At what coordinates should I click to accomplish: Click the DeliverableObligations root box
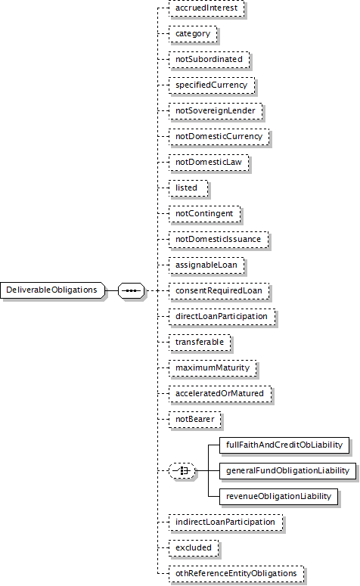click(x=53, y=290)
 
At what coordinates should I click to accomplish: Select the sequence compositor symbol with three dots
click(x=131, y=290)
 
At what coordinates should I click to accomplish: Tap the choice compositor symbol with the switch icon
click(x=182, y=470)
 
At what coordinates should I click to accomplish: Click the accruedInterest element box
click(x=206, y=8)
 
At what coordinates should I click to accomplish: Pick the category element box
click(x=193, y=33)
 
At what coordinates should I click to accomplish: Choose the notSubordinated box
click(x=209, y=60)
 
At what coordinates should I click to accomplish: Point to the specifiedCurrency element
click(x=212, y=85)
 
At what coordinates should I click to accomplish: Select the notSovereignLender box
click(x=216, y=111)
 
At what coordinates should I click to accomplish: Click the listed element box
click(x=188, y=188)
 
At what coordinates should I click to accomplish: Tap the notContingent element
click(x=204, y=214)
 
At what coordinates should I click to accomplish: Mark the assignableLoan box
click(x=206, y=265)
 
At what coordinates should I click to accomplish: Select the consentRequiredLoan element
click(x=219, y=291)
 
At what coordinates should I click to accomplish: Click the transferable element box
click(x=200, y=343)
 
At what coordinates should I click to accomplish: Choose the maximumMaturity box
click(x=213, y=368)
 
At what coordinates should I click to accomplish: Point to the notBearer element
click(x=195, y=420)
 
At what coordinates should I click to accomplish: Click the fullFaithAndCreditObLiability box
click(x=284, y=445)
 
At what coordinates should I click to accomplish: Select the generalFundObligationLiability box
click(x=288, y=471)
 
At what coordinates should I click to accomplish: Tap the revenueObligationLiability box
click(x=278, y=497)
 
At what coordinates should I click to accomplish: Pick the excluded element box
click(x=194, y=548)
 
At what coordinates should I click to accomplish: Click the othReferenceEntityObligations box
click(x=236, y=574)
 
